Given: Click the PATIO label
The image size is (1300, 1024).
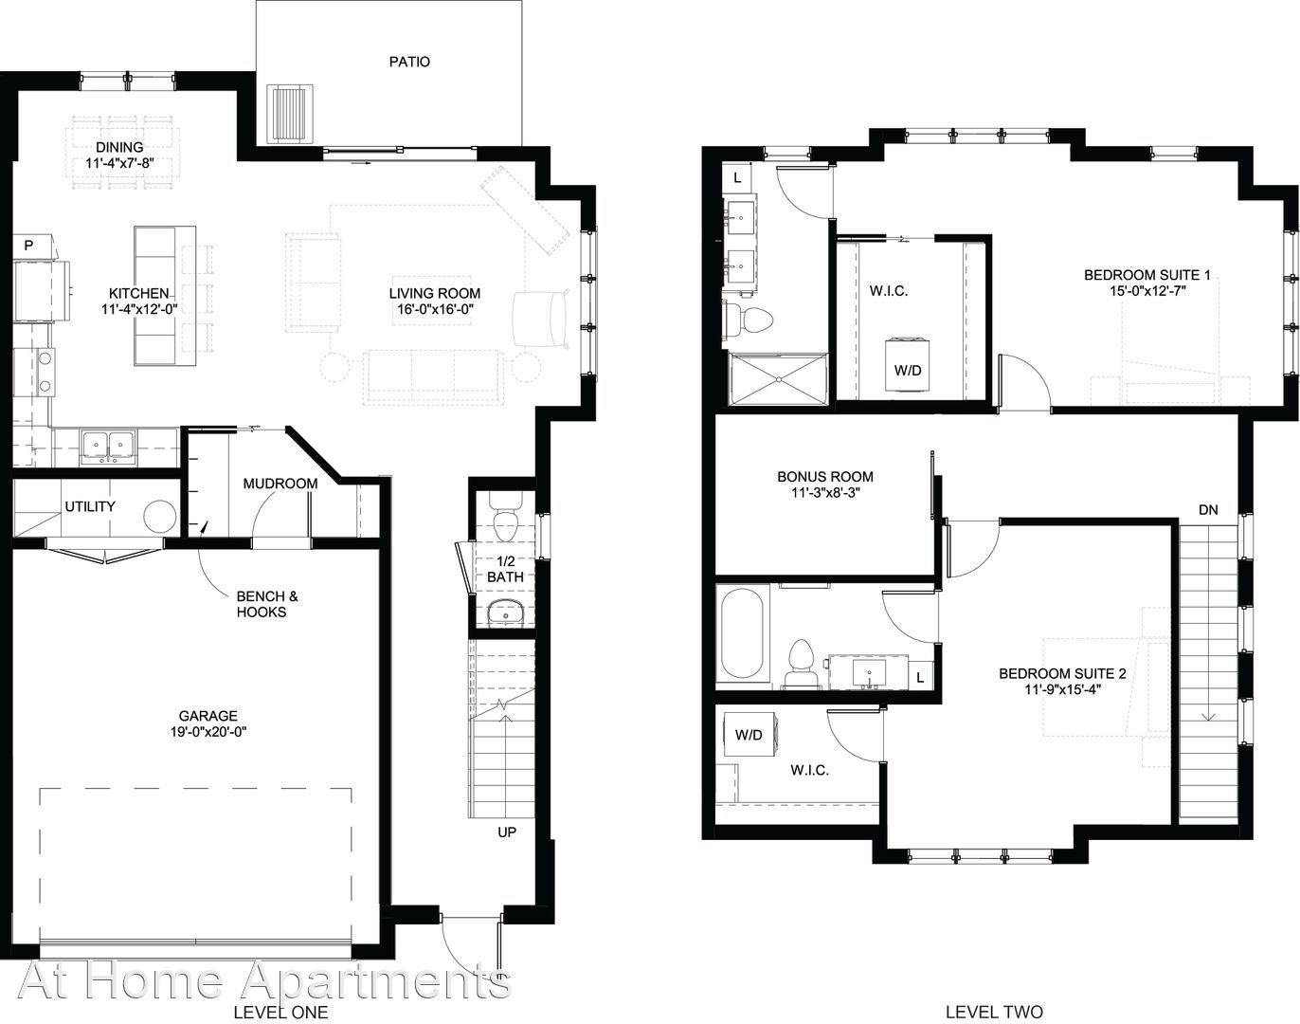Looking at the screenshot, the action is point(409,62).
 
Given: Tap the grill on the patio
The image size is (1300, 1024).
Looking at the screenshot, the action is point(291,114).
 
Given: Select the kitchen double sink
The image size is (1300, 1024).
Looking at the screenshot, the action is point(108,448).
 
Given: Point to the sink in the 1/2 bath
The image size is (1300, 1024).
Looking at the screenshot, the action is point(505,613).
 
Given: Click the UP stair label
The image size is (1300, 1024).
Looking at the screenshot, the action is point(506,832).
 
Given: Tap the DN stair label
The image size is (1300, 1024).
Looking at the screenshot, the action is point(1207,509).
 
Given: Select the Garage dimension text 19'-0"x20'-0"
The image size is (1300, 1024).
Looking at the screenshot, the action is point(208,732).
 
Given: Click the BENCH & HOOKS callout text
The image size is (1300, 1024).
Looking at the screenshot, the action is point(267,604).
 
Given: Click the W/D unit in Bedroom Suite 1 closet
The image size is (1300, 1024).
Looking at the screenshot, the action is point(908,366).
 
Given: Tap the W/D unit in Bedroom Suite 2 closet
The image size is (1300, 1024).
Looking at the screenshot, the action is point(749,735).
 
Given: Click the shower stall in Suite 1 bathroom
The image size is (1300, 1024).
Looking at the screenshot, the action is point(778,379).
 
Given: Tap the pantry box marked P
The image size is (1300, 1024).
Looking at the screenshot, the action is point(29,246).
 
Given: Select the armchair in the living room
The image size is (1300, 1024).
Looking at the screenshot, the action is point(541,320).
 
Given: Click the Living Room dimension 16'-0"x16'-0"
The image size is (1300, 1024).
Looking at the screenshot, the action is point(434,309).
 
